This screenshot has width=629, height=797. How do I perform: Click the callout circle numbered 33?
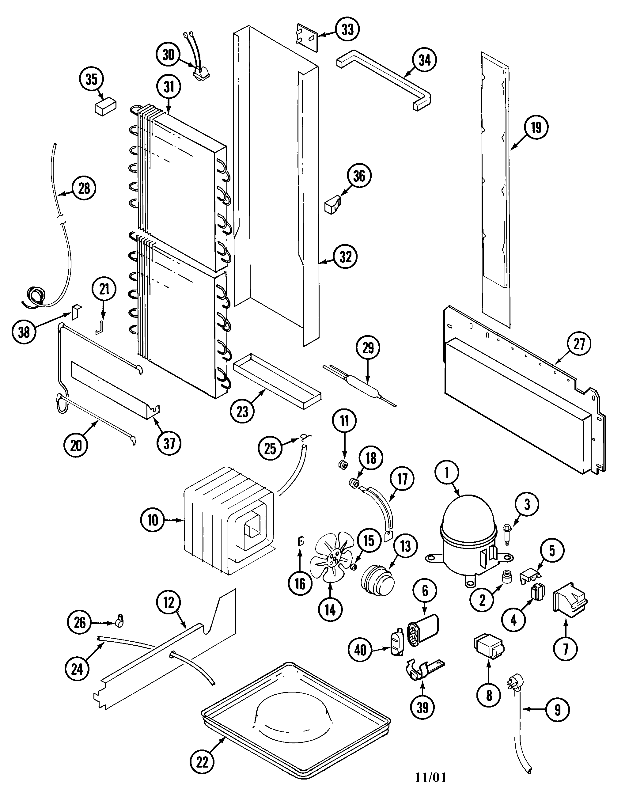(347, 29)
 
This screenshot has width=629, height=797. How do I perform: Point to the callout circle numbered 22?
(203, 762)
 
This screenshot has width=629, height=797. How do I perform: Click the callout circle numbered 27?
(579, 344)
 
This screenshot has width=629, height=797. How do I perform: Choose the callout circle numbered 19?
(536, 127)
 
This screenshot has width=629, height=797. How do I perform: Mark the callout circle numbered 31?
(169, 87)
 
